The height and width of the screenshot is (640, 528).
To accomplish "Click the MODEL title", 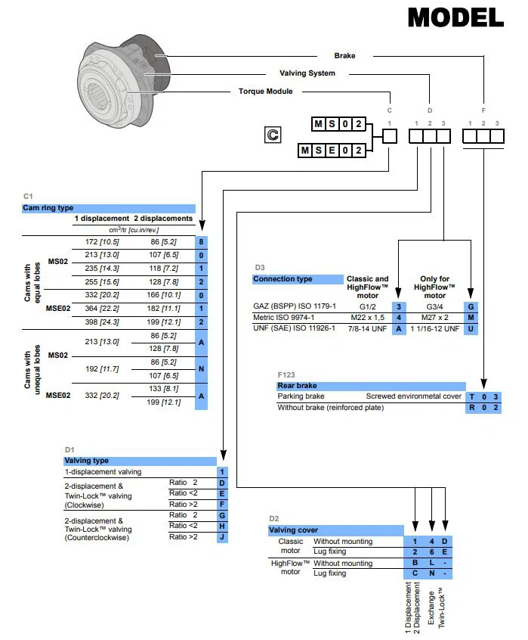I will point(455,17).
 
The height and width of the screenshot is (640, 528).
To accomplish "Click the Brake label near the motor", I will point(344,55).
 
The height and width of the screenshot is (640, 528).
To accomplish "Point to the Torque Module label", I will point(266,92).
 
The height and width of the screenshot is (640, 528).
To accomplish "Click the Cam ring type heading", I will point(49,207).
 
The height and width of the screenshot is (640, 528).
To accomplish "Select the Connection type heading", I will point(283,279).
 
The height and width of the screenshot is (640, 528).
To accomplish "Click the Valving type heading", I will point(87,460).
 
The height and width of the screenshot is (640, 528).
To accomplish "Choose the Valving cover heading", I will point(294,530).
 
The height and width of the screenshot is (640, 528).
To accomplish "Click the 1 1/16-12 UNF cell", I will point(435,329).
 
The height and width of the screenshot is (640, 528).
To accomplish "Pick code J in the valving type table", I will point(222,537).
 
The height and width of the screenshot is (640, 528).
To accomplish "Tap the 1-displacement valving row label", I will point(103,471).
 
